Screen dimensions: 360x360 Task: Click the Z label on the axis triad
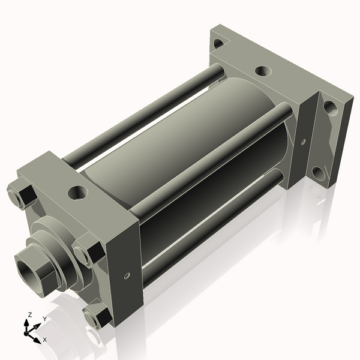click(x=30, y=314)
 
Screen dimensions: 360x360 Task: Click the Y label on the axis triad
click(x=44, y=319)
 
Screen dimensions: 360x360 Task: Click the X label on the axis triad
click(x=45, y=340)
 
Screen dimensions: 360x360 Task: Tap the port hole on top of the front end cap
click(x=78, y=193)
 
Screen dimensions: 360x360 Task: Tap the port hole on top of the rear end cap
click(x=263, y=71)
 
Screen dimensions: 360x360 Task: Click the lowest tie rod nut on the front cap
click(x=96, y=316)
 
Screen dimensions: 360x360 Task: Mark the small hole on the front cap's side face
click(x=127, y=276)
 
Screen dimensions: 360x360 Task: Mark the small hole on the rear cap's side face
click(x=303, y=142)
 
